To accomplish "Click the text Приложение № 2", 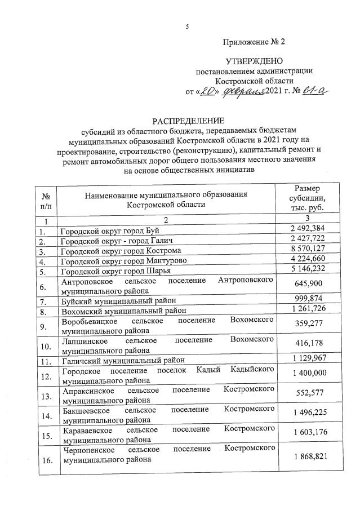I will pos(254,42).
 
